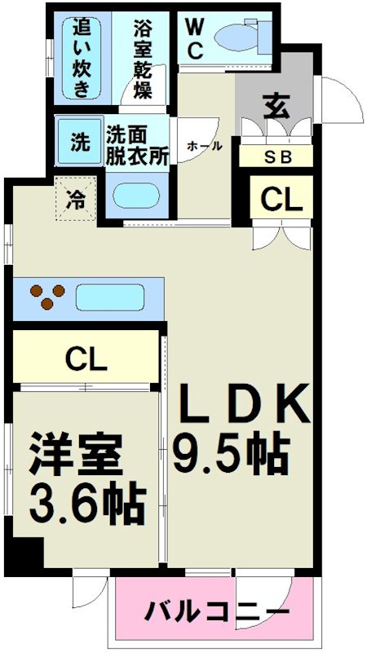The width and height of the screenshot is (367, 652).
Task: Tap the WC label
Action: pyautogui.click(x=196, y=37)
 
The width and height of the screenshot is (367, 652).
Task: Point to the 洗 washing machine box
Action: pyautogui.click(x=79, y=143)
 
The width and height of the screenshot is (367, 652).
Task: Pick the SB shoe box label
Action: pyautogui.click(x=276, y=157)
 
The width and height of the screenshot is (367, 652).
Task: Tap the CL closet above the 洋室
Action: pyautogui.click(x=86, y=358)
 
